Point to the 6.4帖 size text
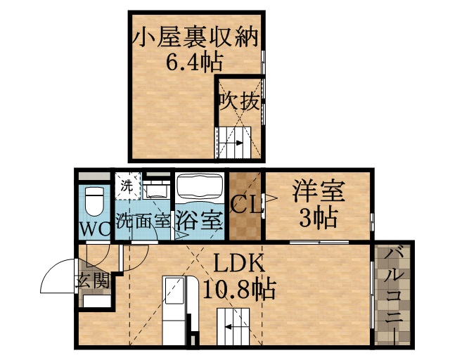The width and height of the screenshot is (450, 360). click(195, 63)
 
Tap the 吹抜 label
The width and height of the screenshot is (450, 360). click(238, 101)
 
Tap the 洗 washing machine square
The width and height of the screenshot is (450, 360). click(127, 187)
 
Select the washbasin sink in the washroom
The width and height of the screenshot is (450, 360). click(156, 189)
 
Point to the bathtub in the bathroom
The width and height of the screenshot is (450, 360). click(198, 188)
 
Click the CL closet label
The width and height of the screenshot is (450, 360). click(245, 206)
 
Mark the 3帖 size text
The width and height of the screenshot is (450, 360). click(318, 218)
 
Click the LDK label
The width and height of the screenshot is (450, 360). click(239, 264)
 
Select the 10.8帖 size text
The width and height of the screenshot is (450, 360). click(239, 288)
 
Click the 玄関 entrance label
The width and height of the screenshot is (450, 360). click(93, 281)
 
